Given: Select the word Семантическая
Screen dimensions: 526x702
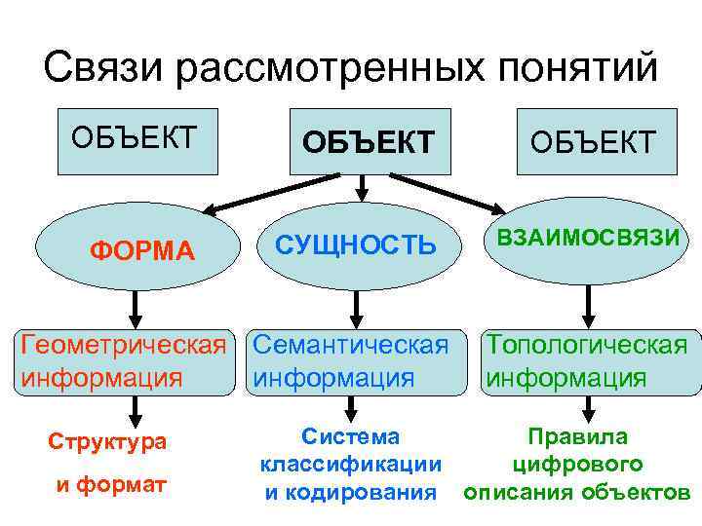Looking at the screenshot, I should (x=349, y=345).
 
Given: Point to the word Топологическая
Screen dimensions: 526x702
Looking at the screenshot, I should (x=587, y=345).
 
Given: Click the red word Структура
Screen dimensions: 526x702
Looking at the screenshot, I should (x=108, y=441).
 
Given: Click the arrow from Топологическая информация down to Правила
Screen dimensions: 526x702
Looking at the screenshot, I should (x=588, y=403).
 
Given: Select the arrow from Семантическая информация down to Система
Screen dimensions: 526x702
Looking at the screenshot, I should (x=358, y=403).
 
